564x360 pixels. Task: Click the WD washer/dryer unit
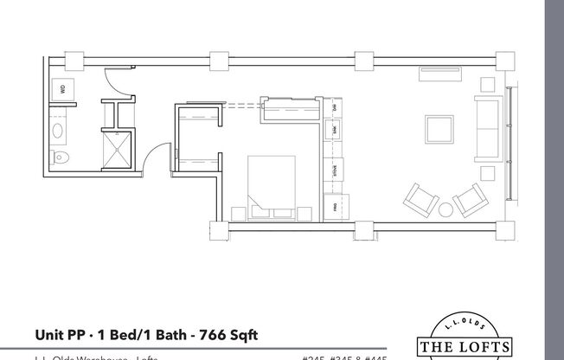pos(63,89)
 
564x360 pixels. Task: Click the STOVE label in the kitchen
pos(335,170)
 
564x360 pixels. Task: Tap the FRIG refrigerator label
pos(335,206)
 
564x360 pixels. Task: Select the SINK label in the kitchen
pos(335,130)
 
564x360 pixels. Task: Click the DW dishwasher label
pos(335,107)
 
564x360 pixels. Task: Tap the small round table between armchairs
pos(446,209)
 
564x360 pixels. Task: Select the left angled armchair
pos(420,201)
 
